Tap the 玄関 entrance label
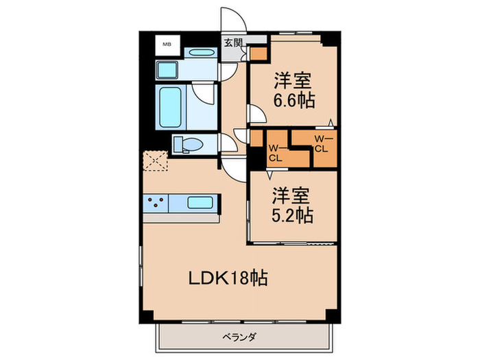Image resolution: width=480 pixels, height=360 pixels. (233, 42)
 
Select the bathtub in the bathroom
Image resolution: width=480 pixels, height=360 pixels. (171, 107)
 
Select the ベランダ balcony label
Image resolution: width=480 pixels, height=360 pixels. (239, 337)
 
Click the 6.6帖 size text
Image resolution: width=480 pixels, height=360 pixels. (296, 101)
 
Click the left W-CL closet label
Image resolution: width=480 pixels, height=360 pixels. (275, 153)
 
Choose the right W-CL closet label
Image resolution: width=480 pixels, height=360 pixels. (321, 144)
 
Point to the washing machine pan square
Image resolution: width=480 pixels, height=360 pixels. (167, 70)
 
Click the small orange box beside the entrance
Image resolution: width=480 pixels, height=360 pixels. (258, 53)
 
